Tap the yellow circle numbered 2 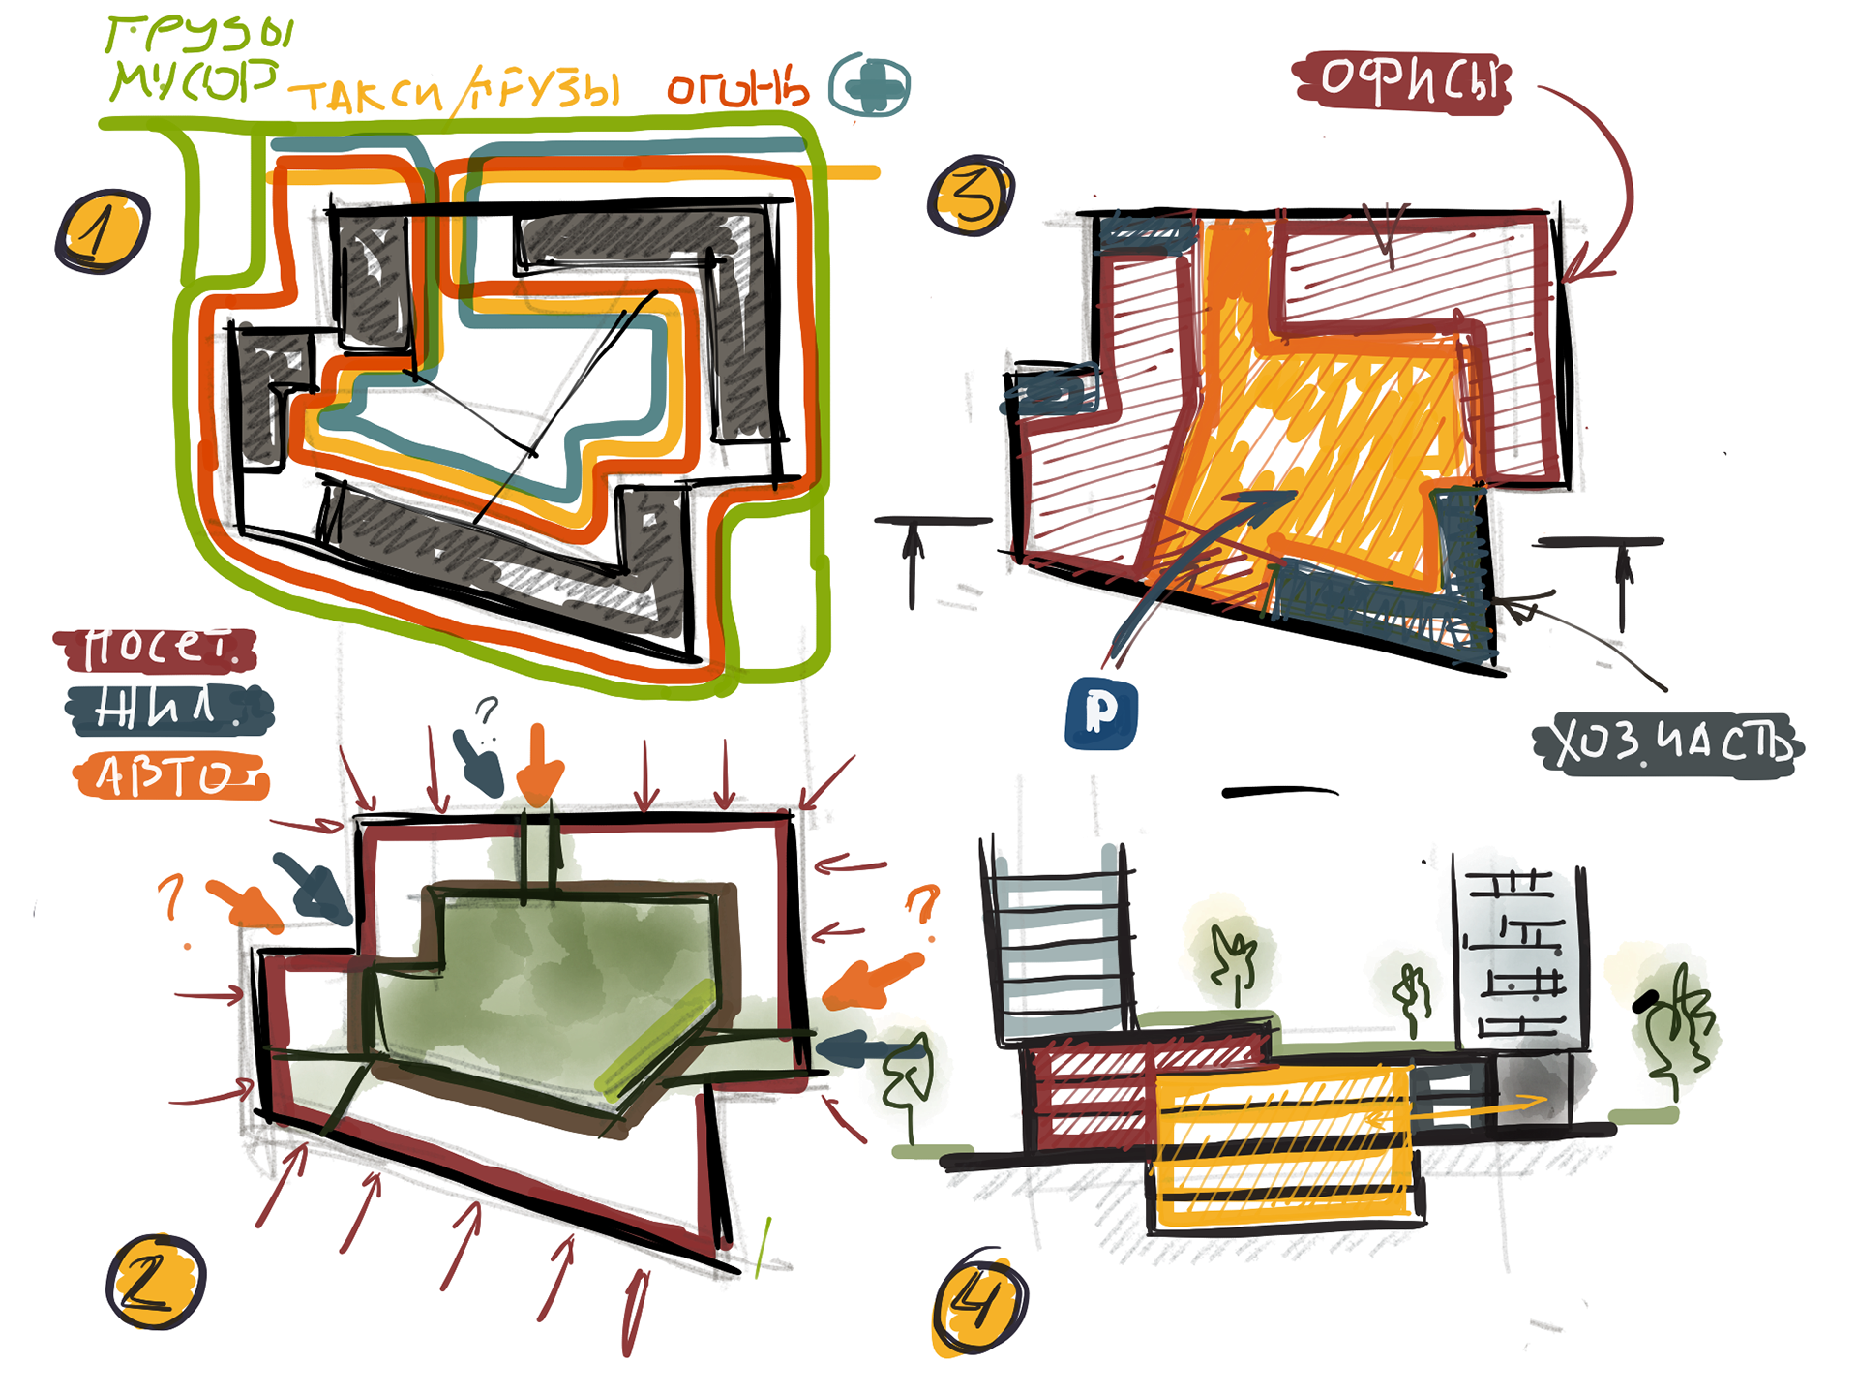click(x=155, y=1281)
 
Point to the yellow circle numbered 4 click(x=978, y=1302)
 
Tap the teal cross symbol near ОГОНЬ click(x=870, y=85)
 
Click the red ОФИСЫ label click(x=1402, y=81)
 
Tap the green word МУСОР click(x=194, y=79)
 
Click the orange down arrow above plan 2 click(x=538, y=765)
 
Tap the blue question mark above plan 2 click(x=487, y=712)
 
